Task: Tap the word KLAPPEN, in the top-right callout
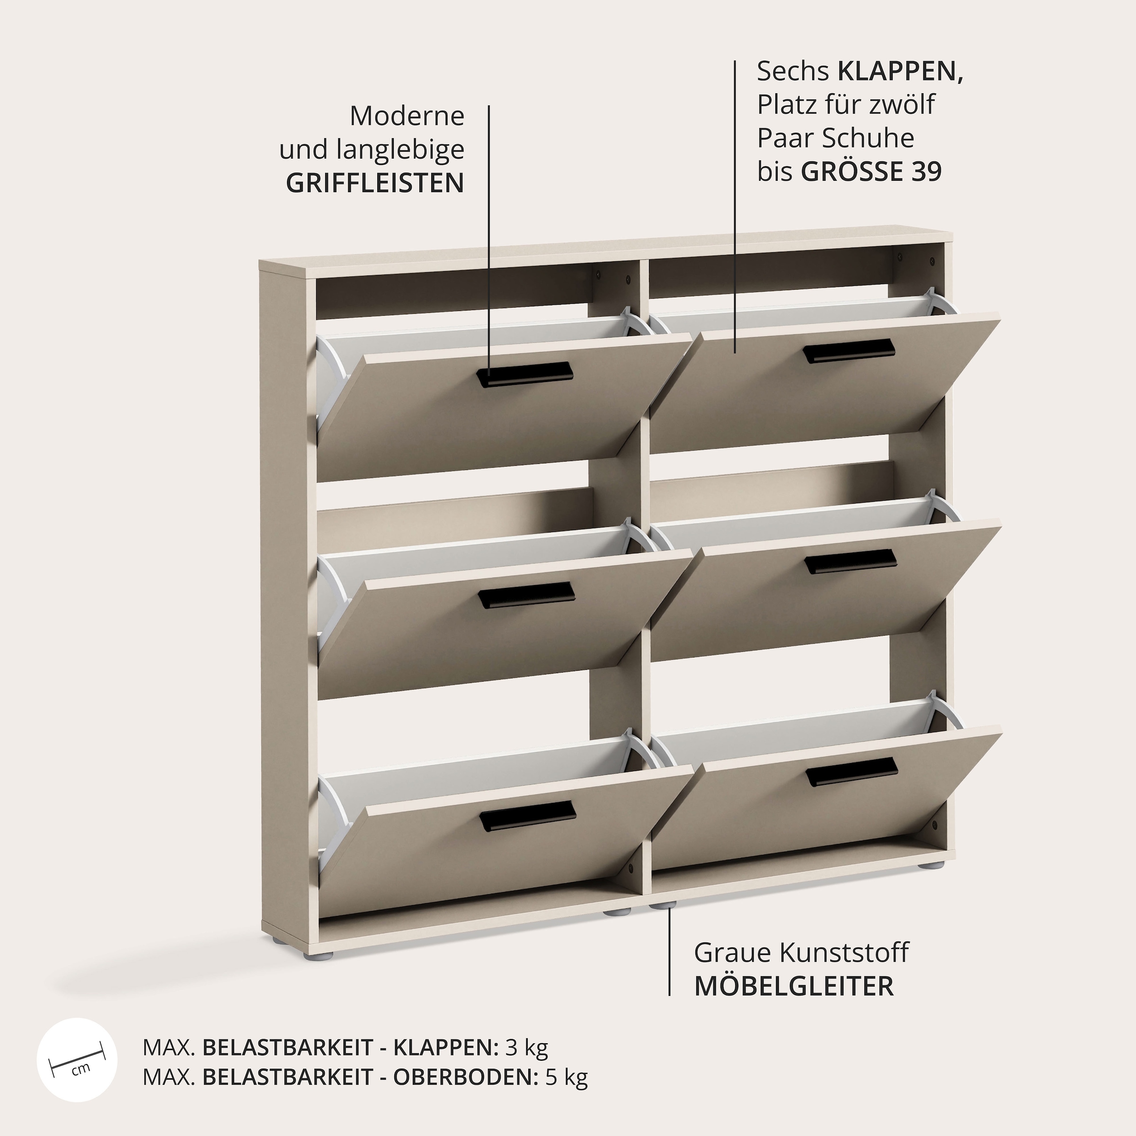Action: click(900, 71)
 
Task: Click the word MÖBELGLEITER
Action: click(794, 986)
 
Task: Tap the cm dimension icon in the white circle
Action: click(77, 1061)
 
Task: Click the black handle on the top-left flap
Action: click(524, 374)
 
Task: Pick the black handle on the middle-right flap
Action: click(850, 561)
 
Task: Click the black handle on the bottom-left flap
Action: click(527, 816)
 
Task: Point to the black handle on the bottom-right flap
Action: click(852, 772)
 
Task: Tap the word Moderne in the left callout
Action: click(407, 116)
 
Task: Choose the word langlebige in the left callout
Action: click(400, 150)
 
